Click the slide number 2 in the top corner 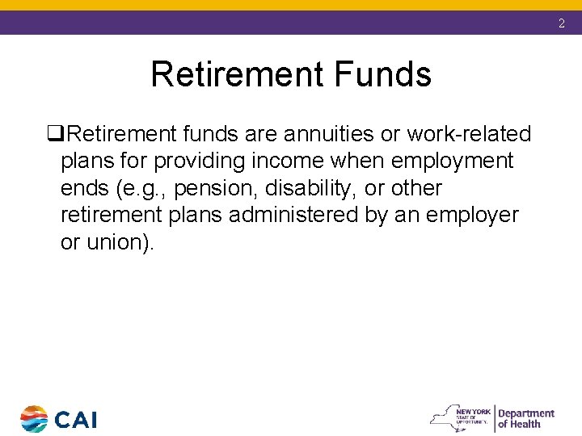click(562, 24)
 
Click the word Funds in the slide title click(386, 75)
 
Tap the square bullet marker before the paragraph click(54, 134)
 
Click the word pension click(212, 189)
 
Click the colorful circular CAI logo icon click(34, 419)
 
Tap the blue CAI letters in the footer click(76, 420)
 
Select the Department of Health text click(525, 418)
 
